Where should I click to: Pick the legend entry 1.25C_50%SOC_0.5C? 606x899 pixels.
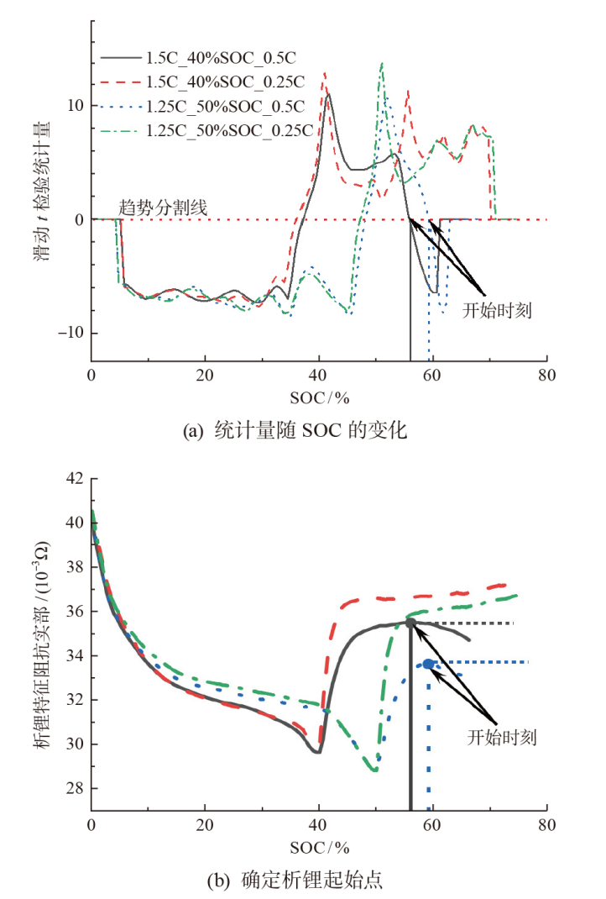point(225,107)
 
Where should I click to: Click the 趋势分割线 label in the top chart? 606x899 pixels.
point(163,206)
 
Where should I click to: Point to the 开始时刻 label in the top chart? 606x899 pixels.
point(498,308)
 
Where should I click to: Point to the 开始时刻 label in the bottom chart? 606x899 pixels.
point(502,738)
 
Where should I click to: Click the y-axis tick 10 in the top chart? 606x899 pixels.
point(76,106)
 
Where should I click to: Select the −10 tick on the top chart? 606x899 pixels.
point(71,334)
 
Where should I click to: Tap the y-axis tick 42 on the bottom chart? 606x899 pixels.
point(76,479)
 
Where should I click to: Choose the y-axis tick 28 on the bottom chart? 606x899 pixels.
point(76,788)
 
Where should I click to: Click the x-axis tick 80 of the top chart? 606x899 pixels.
point(547,376)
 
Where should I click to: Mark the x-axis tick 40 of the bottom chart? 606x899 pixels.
point(319,826)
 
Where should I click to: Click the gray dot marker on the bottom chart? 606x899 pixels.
point(410,623)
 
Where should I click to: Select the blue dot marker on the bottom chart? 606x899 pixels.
point(429,664)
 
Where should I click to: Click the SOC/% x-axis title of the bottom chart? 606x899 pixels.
point(319,846)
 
